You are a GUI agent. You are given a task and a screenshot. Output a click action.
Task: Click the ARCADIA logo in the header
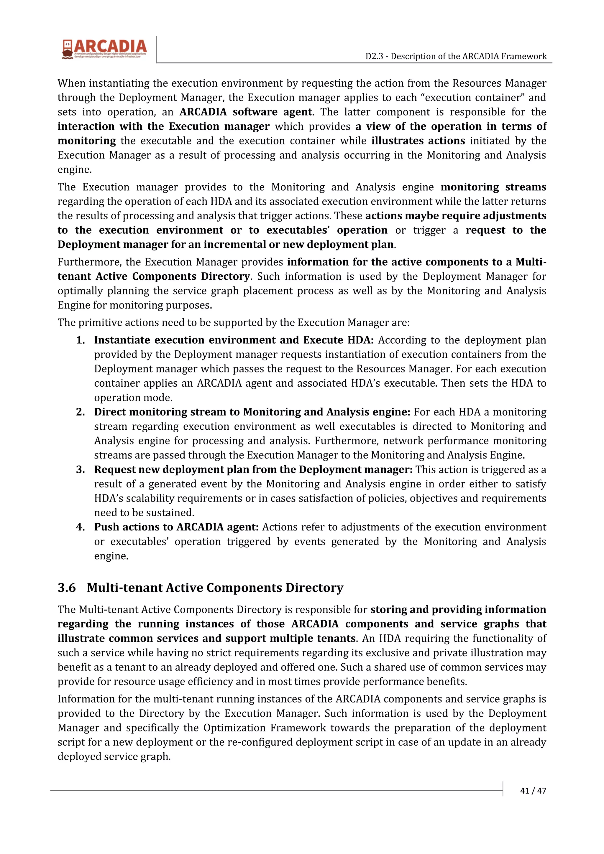coord(105,49)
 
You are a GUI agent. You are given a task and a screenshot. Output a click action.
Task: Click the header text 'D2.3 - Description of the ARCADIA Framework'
coord(456,56)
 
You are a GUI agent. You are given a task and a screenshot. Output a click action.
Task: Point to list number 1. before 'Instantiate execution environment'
coord(81,340)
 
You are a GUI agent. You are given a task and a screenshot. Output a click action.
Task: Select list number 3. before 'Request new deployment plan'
coord(81,469)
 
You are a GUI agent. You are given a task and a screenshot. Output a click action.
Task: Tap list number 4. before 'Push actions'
coord(81,527)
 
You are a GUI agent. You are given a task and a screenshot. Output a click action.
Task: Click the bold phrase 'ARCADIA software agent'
coord(246,112)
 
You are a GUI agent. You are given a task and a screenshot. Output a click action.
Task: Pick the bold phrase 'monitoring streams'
coord(493,187)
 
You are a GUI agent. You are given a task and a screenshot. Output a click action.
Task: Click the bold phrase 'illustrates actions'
coord(418,141)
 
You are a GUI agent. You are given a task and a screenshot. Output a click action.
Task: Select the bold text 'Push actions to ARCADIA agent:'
coord(176,527)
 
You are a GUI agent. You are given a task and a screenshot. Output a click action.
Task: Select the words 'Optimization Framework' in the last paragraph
coord(265,728)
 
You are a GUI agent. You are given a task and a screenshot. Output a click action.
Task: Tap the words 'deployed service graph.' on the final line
coord(114,756)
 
